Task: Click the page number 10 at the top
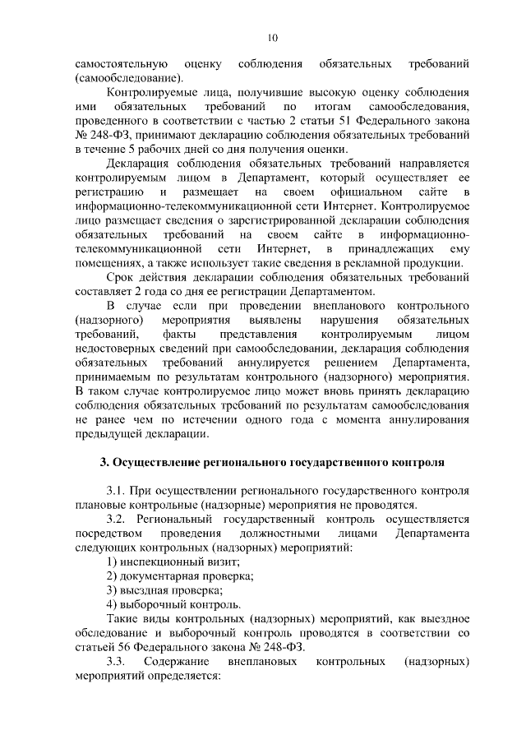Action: [x=273, y=36]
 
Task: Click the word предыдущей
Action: [x=106, y=434]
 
